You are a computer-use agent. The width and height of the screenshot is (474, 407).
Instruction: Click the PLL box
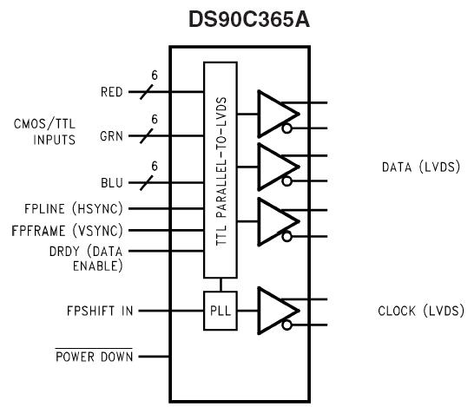coord(220,310)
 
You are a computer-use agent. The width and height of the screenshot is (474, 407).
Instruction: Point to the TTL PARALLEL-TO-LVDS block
coord(221,168)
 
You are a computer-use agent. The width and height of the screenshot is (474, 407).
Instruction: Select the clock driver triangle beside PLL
coord(276,310)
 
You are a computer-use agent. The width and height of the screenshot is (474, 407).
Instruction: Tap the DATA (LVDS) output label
coord(419,167)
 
